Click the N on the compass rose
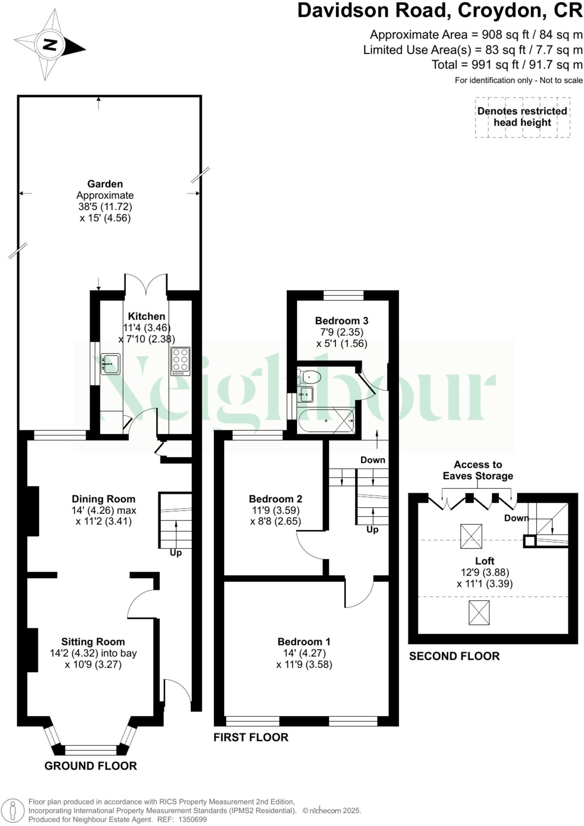(50, 45)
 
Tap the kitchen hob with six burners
(180, 361)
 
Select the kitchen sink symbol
(110, 364)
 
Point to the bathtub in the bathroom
(326, 421)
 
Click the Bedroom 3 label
(341, 321)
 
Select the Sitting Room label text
(93, 641)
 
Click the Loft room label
(484, 561)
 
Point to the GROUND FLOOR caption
(90, 766)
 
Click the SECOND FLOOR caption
(454, 656)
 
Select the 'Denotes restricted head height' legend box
(522, 117)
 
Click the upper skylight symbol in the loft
(471, 536)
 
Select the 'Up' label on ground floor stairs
(175, 553)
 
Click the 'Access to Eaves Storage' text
(478, 470)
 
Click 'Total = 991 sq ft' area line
(507, 65)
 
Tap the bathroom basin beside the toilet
(307, 394)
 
